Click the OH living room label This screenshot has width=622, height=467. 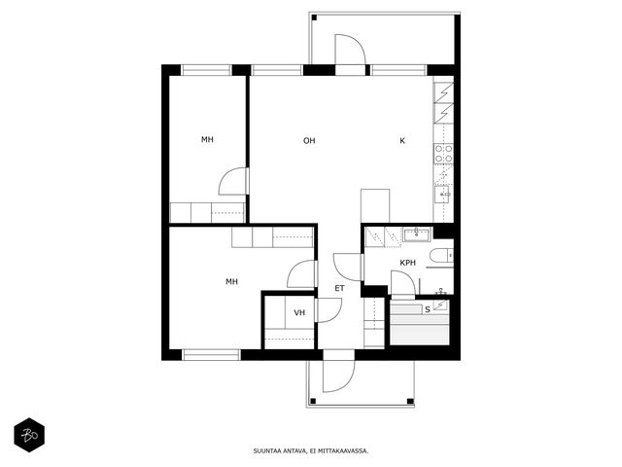click(309, 140)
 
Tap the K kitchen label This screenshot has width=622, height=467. click(402, 140)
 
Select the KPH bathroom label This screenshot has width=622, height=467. click(408, 263)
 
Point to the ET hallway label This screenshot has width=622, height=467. click(339, 288)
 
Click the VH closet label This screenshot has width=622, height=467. click(299, 312)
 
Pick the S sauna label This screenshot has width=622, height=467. click(428, 309)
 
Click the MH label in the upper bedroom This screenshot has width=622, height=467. click(207, 139)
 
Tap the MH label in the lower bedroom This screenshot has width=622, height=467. click(231, 281)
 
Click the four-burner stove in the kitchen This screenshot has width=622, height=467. click(443, 154)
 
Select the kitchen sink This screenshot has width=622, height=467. click(442, 195)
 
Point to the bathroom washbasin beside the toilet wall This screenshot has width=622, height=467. click(416, 234)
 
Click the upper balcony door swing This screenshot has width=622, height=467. click(350, 49)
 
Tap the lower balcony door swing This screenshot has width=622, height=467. click(338, 377)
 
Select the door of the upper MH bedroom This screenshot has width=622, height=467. click(233, 182)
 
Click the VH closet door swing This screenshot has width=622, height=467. click(329, 310)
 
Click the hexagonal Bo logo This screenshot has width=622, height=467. click(29, 435)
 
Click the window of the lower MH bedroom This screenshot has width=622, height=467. click(211, 354)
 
